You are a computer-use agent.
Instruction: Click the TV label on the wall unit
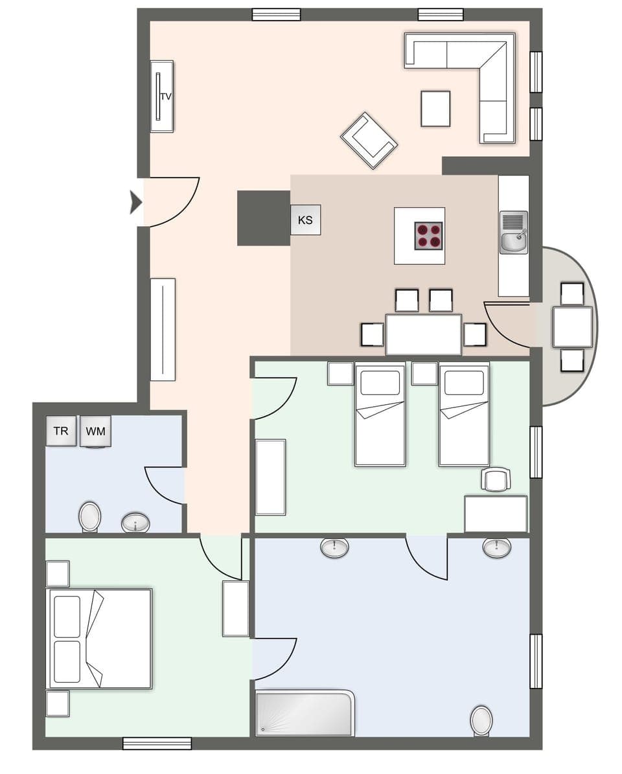[166, 97]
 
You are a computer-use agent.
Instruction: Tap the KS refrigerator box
[305, 220]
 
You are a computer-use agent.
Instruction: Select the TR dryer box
[61, 431]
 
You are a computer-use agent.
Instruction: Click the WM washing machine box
[96, 431]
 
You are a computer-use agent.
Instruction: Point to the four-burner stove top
[428, 236]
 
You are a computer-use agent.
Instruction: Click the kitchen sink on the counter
[514, 233]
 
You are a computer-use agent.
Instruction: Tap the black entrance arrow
[135, 202]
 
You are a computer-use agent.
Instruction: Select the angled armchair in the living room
[369, 141]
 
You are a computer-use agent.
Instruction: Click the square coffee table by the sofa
[435, 109]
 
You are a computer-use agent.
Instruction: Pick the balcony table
[573, 326]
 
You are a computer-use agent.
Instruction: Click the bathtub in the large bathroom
[305, 713]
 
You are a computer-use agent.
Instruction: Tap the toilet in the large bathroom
[481, 720]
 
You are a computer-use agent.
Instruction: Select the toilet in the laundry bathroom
[90, 517]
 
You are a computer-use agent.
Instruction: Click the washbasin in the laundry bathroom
[135, 522]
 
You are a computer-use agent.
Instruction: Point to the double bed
[100, 638]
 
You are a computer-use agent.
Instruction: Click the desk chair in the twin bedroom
[496, 480]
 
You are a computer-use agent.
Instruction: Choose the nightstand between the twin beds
[424, 374]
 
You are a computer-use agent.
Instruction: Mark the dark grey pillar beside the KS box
[263, 218]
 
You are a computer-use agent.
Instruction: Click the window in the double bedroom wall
[157, 743]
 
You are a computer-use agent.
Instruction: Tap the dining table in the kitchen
[424, 334]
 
